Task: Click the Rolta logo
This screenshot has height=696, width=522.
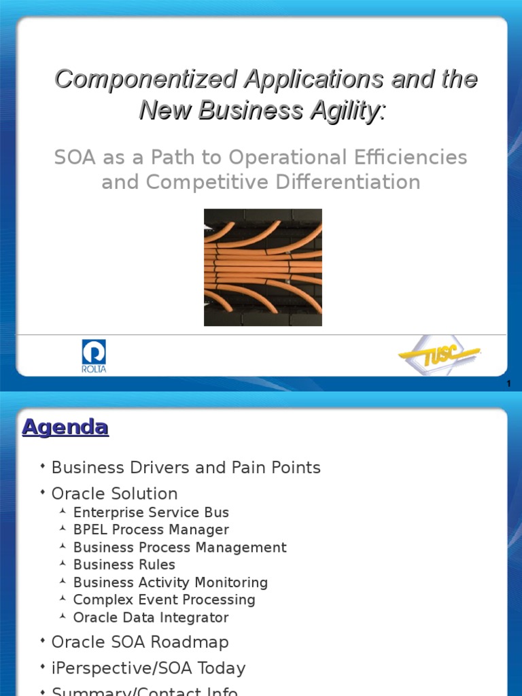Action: (x=94, y=356)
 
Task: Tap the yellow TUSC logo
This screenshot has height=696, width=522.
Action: (x=439, y=355)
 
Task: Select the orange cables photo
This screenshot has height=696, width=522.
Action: (x=263, y=267)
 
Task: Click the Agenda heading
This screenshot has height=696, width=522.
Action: (x=65, y=428)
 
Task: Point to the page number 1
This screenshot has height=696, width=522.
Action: (x=508, y=383)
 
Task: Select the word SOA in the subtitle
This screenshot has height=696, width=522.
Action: (x=75, y=157)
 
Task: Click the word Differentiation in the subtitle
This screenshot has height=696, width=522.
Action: (x=348, y=181)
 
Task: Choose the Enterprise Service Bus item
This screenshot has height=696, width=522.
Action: (x=151, y=512)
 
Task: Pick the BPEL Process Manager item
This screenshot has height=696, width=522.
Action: (x=151, y=529)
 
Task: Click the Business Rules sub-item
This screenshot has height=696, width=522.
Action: (x=124, y=565)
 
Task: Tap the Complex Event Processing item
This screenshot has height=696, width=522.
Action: (x=164, y=599)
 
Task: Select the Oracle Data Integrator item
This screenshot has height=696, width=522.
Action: (x=151, y=617)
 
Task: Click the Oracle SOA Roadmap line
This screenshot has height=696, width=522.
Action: (x=140, y=642)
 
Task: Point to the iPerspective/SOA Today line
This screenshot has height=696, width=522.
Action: (x=148, y=668)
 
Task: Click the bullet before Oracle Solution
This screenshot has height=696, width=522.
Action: (x=43, y=492)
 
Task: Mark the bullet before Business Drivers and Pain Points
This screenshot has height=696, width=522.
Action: (x=43, y=466)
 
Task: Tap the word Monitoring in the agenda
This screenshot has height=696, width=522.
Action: (x=231, y=582)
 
